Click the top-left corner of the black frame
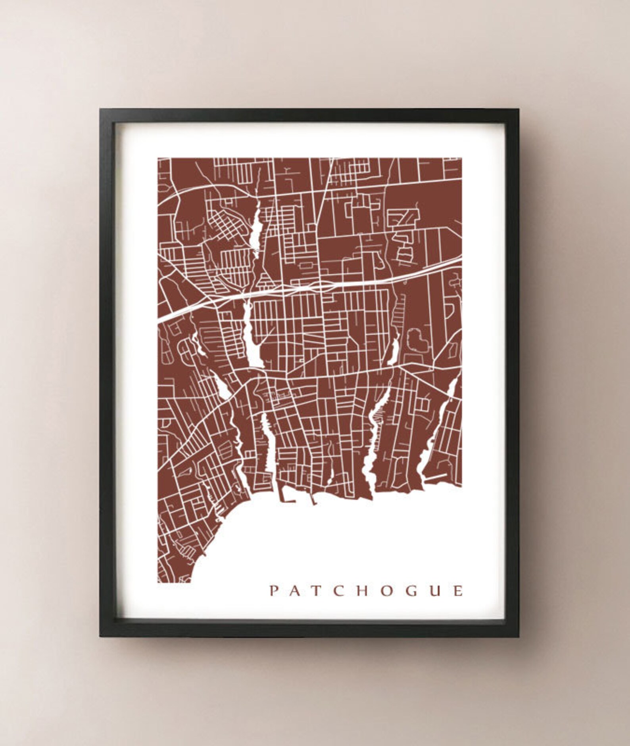click(100, 110)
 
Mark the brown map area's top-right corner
click(461, 158)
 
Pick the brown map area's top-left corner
click(158, 158)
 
